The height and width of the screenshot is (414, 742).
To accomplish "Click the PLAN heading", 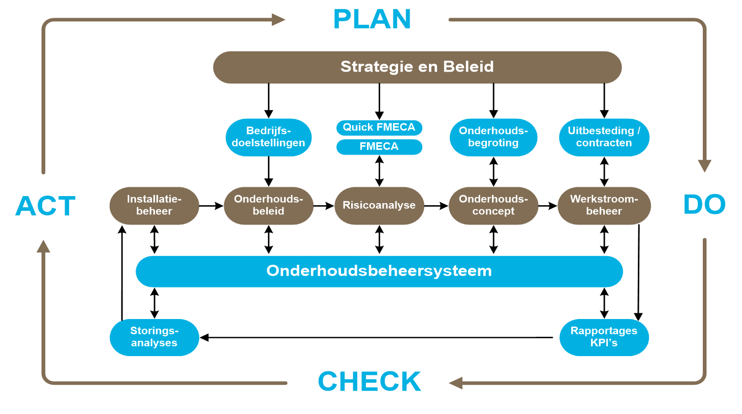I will point(372,20).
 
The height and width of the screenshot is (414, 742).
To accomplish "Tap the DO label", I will point(704,205).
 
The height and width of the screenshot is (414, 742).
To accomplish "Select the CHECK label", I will point(369,381).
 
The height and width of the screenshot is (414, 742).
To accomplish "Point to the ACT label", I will point(46,206).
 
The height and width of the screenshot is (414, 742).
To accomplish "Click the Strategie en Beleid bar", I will point(417,67).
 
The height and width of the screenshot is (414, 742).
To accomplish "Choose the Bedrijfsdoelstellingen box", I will point(268,137).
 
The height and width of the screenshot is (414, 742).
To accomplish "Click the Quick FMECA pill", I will point(379,128).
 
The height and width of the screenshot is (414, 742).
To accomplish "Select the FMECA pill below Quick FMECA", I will point(379,147).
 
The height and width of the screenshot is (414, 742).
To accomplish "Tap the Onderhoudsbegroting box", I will point(493,137).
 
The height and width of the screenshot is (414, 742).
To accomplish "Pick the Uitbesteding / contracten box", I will point(604,137).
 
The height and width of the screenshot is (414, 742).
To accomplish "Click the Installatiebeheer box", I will point(154,205).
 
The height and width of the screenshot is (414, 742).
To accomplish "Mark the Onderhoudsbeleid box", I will point(268,205).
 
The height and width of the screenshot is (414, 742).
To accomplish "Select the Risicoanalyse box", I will point(379,205).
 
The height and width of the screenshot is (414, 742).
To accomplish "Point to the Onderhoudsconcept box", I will point(493,205).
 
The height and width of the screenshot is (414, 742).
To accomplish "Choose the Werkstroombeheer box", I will point(604,205).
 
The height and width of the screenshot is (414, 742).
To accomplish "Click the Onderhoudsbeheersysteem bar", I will point(379,271).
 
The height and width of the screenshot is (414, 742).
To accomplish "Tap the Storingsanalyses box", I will point(154,337).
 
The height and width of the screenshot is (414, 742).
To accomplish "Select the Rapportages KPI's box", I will point(604,337).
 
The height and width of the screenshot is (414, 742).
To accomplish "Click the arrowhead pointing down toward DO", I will point(704,166).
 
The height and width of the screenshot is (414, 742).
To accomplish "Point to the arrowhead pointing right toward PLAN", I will point(278,20).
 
